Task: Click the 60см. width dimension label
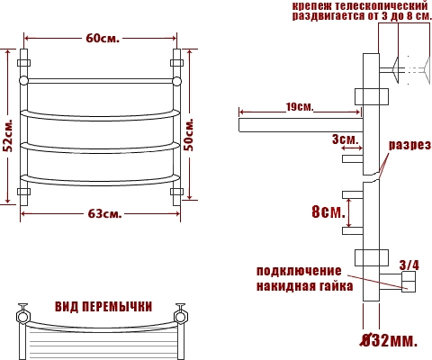pos(103,39)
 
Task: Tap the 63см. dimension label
pos(105,213)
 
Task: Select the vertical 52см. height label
pos(10,136)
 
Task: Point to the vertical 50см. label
pos(189,135)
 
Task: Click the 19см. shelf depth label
pos(299,107)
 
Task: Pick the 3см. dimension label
pos(345,139)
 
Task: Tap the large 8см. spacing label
pos(328,212)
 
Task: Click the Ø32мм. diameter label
pos(389,340)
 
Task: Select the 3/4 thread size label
pos(409,265)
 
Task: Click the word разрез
pos(409,146)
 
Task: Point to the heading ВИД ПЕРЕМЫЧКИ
pos(103,307)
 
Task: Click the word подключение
pos(299,271)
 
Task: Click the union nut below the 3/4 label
pos(409,282)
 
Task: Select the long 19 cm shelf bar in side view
pos(301,125)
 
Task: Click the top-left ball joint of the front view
pos(23,81)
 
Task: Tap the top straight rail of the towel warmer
pos(100,81)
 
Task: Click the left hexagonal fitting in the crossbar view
pos(22,317)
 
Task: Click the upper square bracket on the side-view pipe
pos(372,96)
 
